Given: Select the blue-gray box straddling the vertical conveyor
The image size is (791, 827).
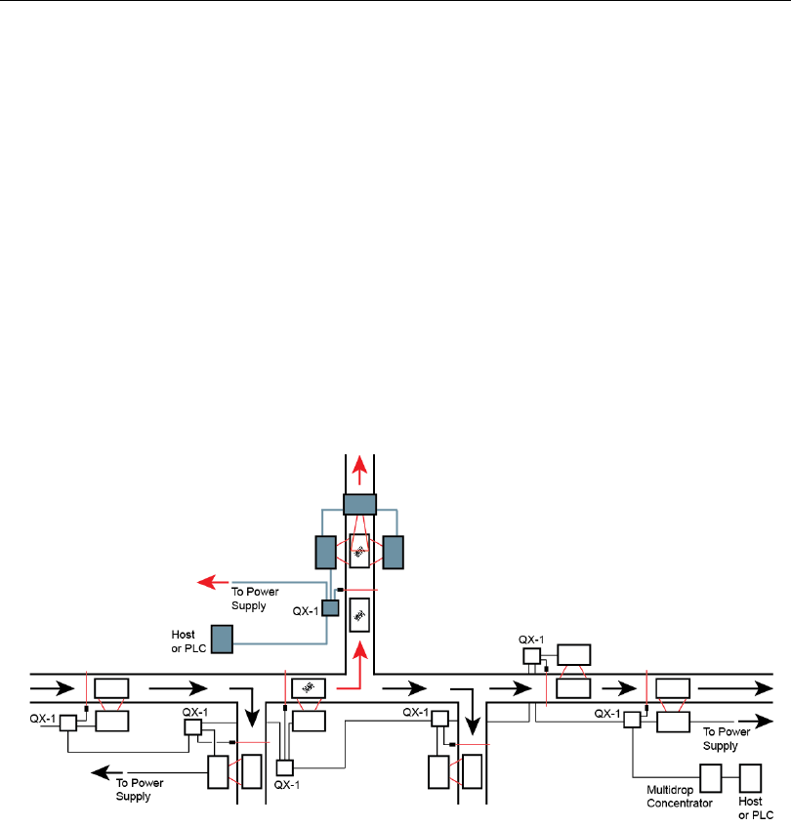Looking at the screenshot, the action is pyautogui.click(x=359, y=504).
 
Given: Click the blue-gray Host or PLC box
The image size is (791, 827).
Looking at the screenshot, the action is pyautogui.click(x=223, y=639).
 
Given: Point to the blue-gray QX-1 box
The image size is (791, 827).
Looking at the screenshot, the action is pyautogui.click(x=330, y=607).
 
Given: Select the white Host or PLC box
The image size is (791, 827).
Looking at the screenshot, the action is pyautogui.click(x=751, y=777).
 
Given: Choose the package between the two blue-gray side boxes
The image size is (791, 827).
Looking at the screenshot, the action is pyautogui.click(x=359, y=552).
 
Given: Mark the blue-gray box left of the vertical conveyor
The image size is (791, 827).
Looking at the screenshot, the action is pyautogui.click(x=325, y=552).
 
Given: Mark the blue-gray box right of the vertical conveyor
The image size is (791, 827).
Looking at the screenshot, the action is pyautogui.click(x=394, y=552).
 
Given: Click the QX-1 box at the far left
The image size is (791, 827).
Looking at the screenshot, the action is pyautogui.click(x=67, y=724).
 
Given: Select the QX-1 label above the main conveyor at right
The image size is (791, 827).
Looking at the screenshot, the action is pyautogui.click(x=531, y=640).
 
